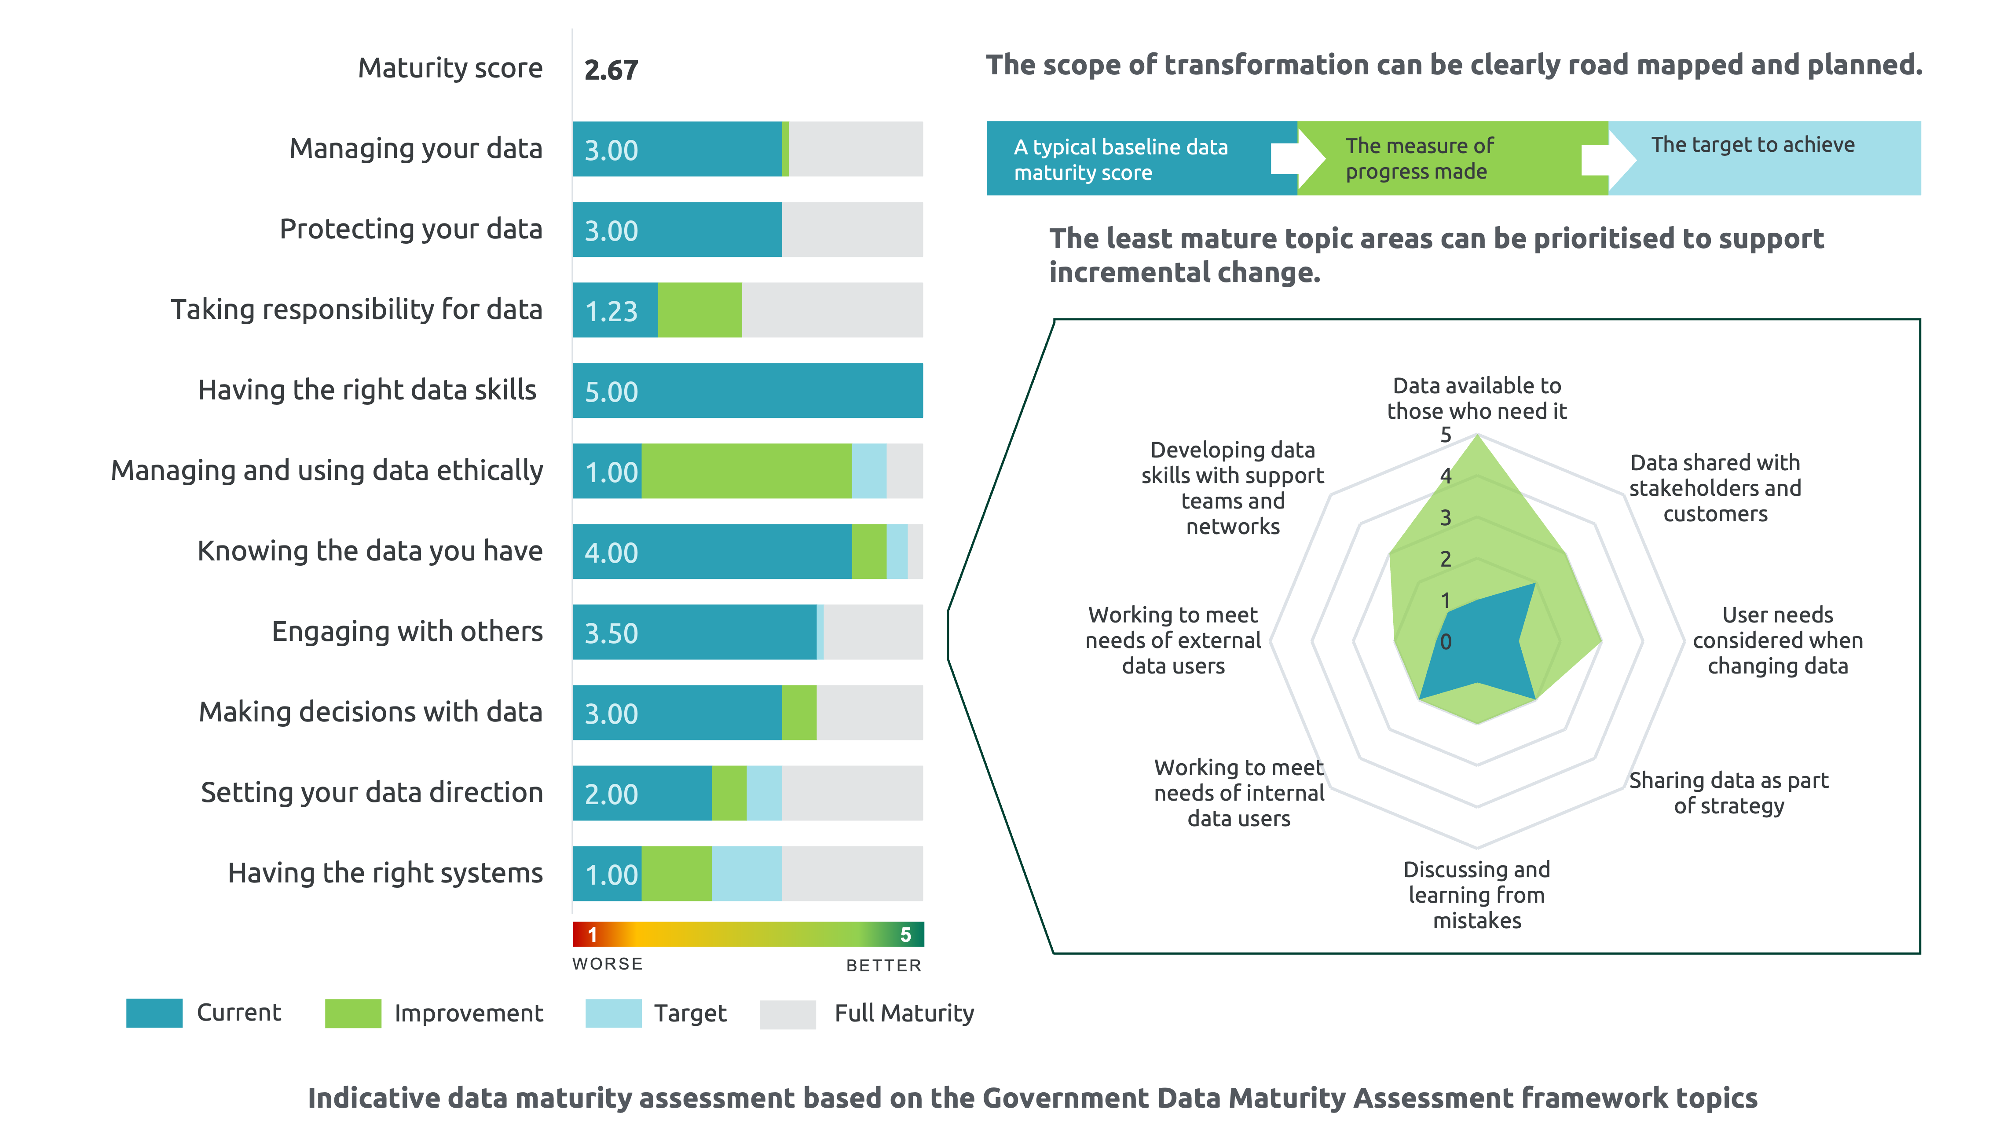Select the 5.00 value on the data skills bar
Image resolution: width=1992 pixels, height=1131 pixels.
(x=611, y=392)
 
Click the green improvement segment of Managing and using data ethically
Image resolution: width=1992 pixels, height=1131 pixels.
(x=746, y=471)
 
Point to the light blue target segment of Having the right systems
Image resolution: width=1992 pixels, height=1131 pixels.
(x=746, y=873)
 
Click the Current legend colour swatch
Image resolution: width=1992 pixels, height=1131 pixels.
(x=154, y=1013)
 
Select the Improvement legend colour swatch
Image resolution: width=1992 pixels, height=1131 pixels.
(x=352, y=1013)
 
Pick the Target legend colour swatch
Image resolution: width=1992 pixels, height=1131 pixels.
(x=614, y=1013)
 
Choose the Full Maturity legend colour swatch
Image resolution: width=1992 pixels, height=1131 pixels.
(x=787, y=1014)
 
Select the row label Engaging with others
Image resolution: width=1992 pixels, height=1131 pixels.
(x=407, y=632)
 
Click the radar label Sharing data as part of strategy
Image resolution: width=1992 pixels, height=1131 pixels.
(x=1729, y=792)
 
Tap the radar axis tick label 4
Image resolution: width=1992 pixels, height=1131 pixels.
(x=1445, y=476)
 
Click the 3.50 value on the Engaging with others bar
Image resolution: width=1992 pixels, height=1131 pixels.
(x=611, y=633)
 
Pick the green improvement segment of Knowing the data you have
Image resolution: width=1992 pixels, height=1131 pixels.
(x=869, y=552)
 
